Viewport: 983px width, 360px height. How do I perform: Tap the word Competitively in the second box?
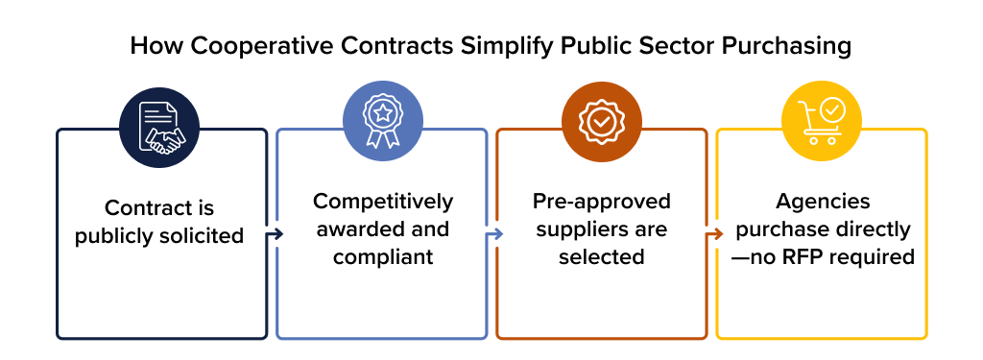click(x=382, y=202)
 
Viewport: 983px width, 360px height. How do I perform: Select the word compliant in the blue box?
click(x=382, y=257)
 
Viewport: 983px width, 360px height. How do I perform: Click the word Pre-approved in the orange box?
click(x=601, y=202)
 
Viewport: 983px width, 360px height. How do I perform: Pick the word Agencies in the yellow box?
click(x=822, y=202)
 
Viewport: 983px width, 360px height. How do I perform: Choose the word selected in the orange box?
click(x=601, y=257)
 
